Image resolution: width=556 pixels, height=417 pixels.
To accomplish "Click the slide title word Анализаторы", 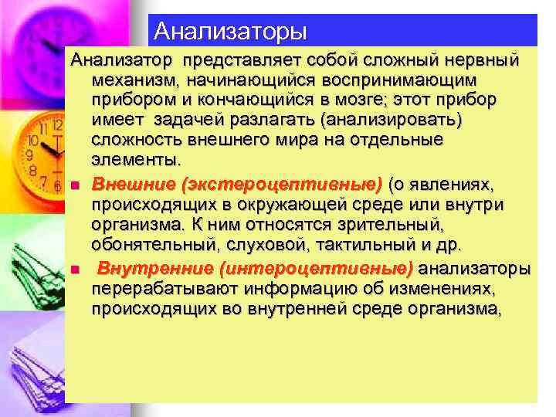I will point(230,31).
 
